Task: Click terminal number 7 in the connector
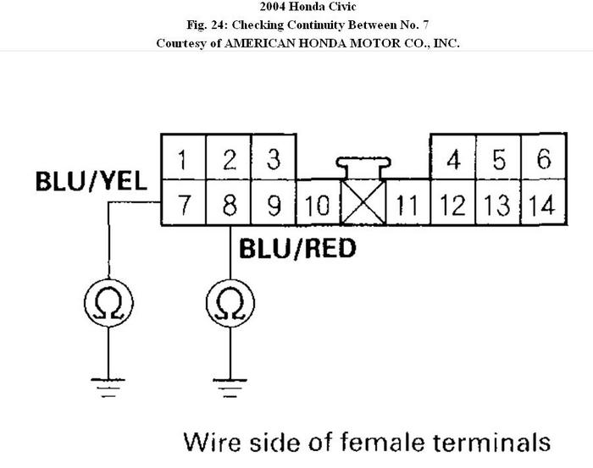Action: coord(185,204)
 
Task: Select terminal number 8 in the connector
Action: coord(230,204)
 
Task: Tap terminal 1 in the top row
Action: coord(185,157)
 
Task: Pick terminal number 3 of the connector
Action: coord(274,157)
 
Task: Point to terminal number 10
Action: coord(318,204)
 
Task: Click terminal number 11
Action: coord(407,204)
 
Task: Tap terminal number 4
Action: coord(453,158)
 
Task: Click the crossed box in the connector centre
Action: coord(363,204)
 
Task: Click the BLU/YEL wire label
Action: coord(91,181)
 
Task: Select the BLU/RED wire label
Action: coord(296,248)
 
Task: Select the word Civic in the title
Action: coord(325,8)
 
